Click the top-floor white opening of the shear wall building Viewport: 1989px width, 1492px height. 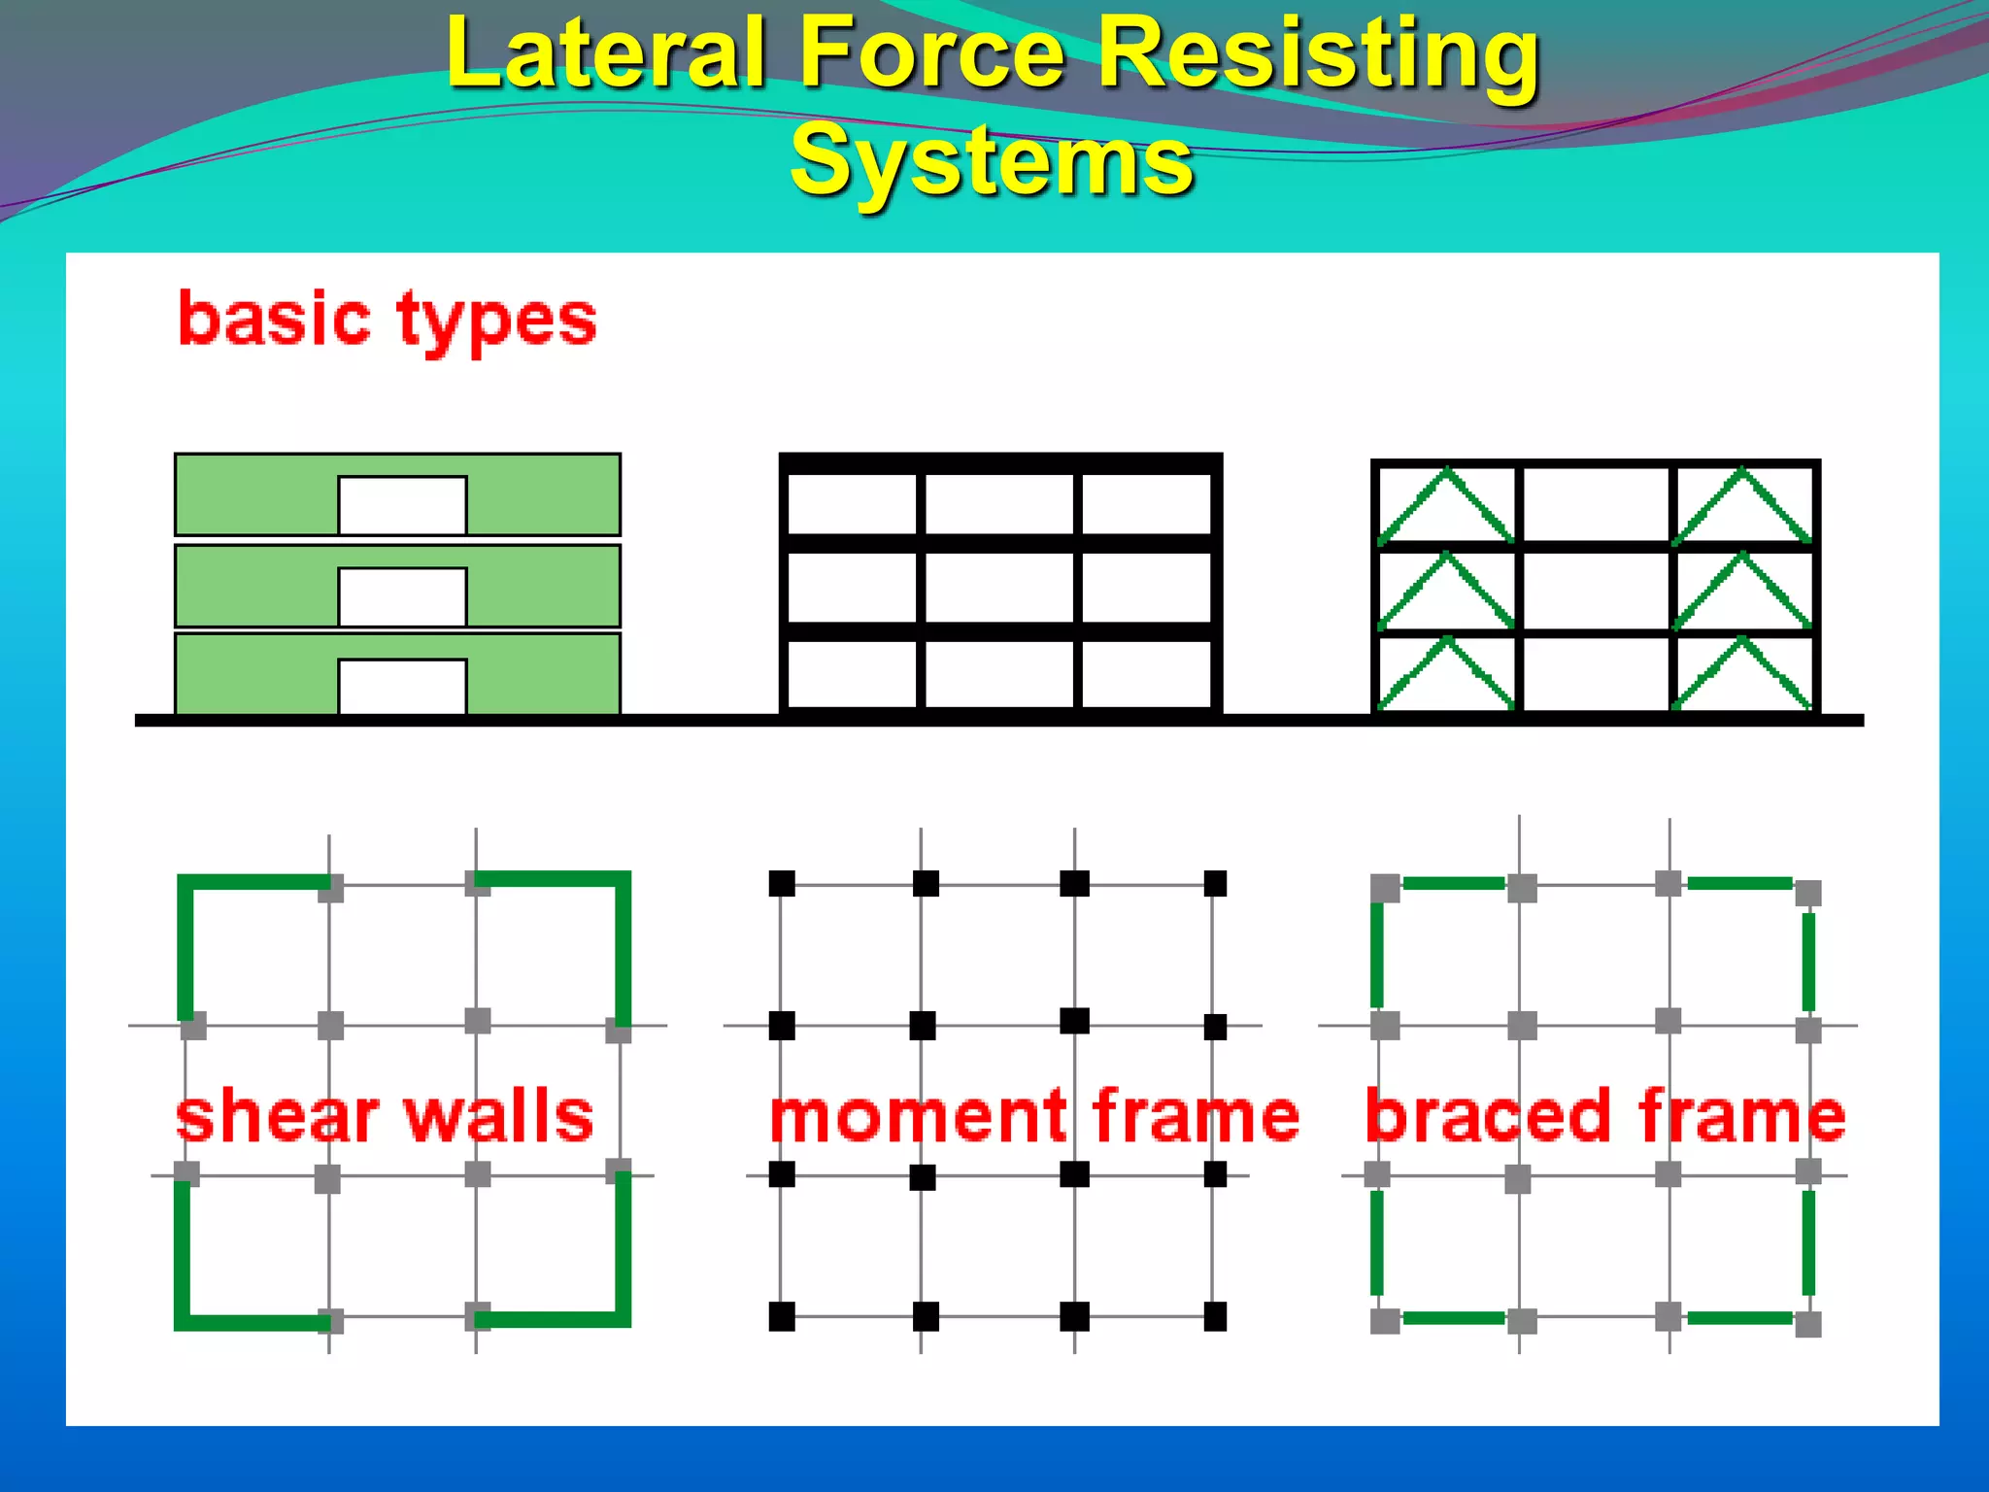402,504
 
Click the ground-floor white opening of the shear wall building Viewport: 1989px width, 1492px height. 402,686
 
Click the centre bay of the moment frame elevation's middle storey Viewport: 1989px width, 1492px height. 999,587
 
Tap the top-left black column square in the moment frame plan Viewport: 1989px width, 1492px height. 782,883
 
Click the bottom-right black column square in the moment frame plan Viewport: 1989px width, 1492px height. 1215,1317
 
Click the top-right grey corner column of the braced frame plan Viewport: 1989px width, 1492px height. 1807,893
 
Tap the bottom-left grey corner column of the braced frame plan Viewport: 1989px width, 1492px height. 1385,1321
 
